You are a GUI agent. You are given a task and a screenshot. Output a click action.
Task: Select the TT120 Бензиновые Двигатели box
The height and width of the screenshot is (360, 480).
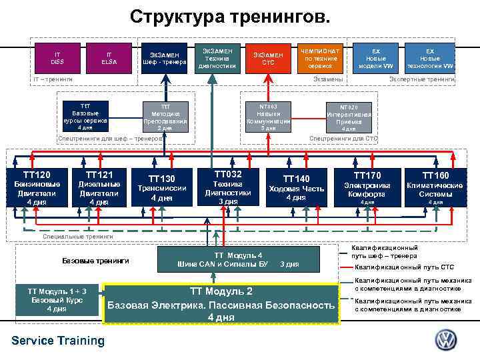[37, 189]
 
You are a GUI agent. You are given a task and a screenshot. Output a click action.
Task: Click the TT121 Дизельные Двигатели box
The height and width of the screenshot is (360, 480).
[99, 189]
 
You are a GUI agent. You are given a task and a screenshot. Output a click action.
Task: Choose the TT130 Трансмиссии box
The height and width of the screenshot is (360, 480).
[162, 189]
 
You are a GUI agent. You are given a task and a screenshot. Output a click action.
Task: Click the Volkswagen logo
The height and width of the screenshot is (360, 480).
[446, 340]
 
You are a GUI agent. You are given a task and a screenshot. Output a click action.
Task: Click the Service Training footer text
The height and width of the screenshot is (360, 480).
[58, 341]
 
